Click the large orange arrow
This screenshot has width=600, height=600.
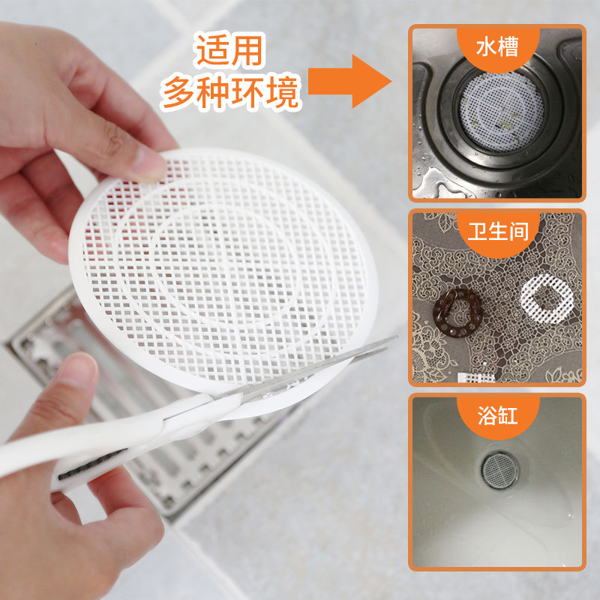(349, 81)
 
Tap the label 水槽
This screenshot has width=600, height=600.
(497, 46)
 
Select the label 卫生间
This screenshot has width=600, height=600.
(498, 232)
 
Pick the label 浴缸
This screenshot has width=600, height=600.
(497, 415)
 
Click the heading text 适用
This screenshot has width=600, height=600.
(230, 50)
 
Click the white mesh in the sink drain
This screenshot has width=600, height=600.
(501, 112)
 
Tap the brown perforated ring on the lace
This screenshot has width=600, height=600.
(457, 313)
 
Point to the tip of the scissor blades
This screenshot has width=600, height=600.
(396, 337)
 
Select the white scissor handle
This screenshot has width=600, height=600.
(96, 444)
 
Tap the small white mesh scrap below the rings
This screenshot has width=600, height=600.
(476, 377)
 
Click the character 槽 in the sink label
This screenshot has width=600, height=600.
(508, 46)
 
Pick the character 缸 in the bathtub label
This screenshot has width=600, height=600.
(508, 415)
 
